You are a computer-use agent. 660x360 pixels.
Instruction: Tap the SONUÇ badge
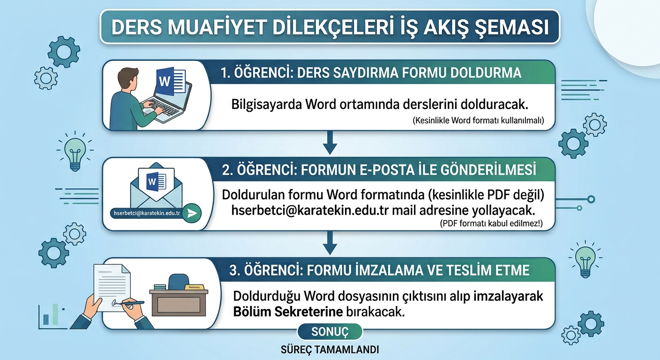(x=330, y=332)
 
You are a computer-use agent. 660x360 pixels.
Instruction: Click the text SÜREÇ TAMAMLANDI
(x=330, y=350)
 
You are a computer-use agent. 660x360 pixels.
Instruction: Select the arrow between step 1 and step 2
(x=330, y=142)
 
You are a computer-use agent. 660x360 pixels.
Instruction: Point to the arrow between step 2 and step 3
(x=330, y=243)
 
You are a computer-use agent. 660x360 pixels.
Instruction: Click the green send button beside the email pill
(x=192, y=213)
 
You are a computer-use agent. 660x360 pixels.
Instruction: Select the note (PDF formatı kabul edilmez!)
(x=491, y=223)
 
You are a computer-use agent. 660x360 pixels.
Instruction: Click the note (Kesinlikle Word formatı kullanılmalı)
(x=478, y=120)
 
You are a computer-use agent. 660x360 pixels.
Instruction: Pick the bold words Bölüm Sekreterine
(x=288, y=312)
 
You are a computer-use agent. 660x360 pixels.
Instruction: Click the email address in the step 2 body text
(x=310, y=210)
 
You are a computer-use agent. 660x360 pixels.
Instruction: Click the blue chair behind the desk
(x=179, y=282)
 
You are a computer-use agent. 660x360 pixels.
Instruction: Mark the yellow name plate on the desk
(x=194, y=287)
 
